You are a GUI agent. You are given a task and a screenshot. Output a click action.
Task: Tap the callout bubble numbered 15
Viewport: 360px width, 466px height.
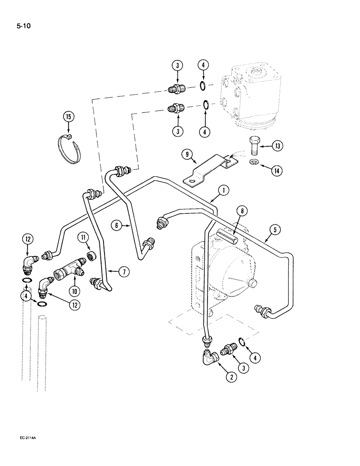pyautogui.click(x=69, y=117)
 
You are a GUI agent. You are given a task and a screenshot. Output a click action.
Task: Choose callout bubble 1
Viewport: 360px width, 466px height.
pyautogui.click(x=223, y=191)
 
